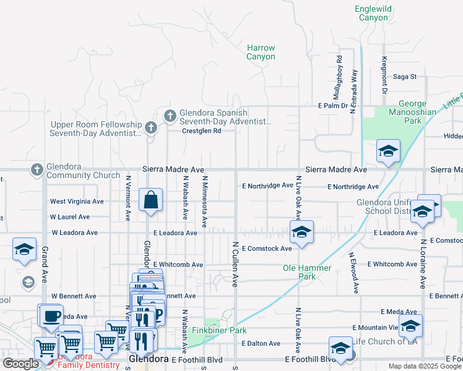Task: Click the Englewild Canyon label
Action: click(x=371, y=13)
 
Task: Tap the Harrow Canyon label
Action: click(x=261, y=52)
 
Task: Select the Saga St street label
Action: click(x=405, y=77)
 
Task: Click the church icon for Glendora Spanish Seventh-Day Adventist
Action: click(x=170, y=115)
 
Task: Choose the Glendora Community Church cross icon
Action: click(x=37, y=169)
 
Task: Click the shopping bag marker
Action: click(x=150, y=200)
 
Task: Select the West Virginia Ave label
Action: click(x=77, y=202)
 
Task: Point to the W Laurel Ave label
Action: click(x=70, y=217)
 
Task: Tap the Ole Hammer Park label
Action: click(x=307, y=273)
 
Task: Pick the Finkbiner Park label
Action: click(x=220, y=331)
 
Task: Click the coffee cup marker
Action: click(x=51, y=316)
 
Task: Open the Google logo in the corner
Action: click(x=20, y=364)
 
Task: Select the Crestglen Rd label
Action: click(x=201, y=131)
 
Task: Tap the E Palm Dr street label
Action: click(x=333, y=106)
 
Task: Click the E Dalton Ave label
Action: click(x=261, y=343)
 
